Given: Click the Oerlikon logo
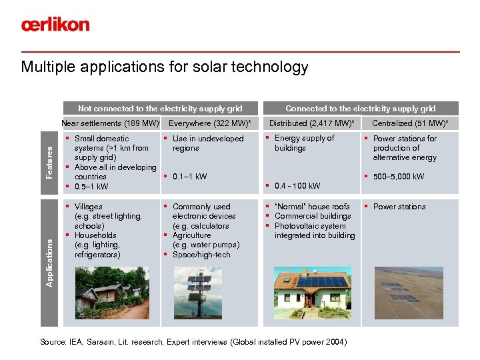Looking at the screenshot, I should click(x=55, y=25).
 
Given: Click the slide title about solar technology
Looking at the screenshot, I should click(x=165, y=67).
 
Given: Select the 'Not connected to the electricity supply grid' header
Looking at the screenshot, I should click(x=160, y=108).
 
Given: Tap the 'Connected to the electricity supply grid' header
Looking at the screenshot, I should click(x=360, y=108).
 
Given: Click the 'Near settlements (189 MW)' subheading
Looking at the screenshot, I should click(x=111, y=123).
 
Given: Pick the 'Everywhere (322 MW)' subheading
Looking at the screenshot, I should click(x=210, y=123).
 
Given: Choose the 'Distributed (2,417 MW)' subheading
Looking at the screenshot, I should click(x=311, y=123).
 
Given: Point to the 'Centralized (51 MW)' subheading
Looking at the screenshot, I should click(x=410, y=123).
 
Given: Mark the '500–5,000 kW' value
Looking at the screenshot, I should click(x=399, y=177).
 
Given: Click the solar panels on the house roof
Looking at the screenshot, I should click(x=321, y=281).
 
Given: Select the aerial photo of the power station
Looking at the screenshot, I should click(x=410, y=296).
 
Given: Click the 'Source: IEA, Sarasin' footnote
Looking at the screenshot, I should click(x=193, y=342).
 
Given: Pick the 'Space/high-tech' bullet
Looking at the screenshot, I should click(x=201, y=255).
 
